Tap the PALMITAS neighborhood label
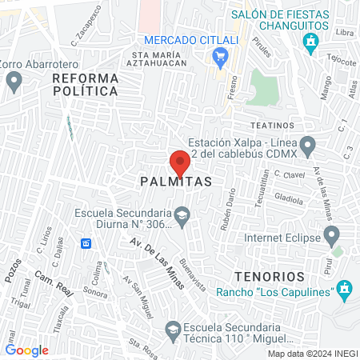tap(176, 182)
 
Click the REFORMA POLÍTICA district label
tap(86, 85)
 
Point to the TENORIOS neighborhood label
tap(270, 276)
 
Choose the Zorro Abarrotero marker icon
tap(14, 79)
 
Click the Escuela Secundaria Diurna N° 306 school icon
tap(182, 214)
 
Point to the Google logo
tap(26, 350)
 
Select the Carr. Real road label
tap(54, 284)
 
